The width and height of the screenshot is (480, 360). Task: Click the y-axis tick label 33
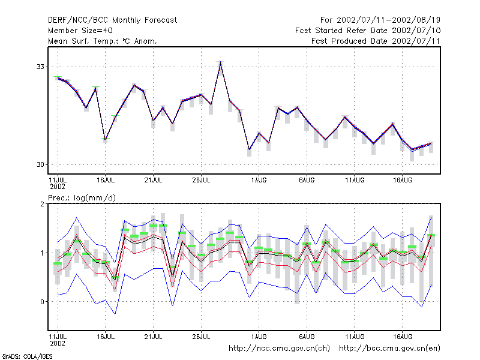pos(40,67)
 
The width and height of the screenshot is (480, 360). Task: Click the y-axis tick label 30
pos(40,164)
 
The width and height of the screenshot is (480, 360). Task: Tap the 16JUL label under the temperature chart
pos(106,180)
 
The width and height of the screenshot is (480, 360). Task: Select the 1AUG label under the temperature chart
pos(259,180)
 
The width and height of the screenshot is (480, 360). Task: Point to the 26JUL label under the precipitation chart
pos(201,337)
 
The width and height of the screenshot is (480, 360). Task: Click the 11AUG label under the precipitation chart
pos(355,337)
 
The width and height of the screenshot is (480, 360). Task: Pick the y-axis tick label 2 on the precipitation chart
pos(42,204)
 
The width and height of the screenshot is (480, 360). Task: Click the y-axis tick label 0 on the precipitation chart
pos(42,302)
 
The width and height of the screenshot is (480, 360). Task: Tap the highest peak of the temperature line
pos(220,63)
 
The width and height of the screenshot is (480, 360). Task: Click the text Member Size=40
pos(80,31)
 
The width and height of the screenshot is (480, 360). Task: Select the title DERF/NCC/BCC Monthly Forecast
pos(112,20)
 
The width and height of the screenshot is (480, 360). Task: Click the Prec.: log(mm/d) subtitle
pos(82,198)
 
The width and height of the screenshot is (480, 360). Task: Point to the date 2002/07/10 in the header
pos(416,31)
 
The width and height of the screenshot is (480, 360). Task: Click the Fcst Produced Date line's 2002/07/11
pos(416,41)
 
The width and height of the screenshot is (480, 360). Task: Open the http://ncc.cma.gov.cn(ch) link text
pos(279,349)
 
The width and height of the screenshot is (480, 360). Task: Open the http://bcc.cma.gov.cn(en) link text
pos(389,349)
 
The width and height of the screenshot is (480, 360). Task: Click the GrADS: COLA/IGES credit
pos(27,356)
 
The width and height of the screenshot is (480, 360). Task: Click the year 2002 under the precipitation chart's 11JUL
pos(58,343)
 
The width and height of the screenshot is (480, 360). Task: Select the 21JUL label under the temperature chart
pos(154,180)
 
